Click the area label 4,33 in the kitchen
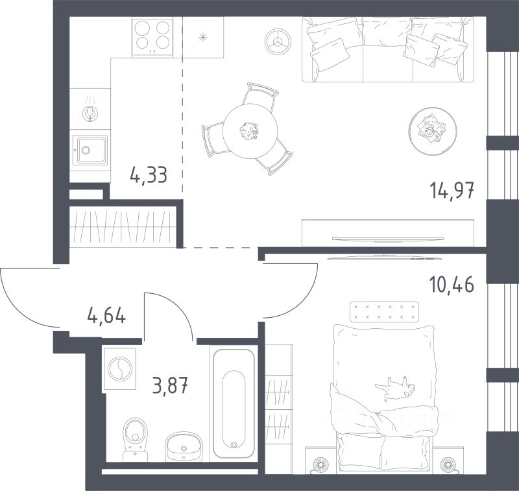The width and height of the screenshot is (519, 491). [x=149, y=175]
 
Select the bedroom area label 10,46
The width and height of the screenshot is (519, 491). [x=452, y=284]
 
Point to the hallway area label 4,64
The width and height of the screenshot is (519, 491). [x=106, y=315]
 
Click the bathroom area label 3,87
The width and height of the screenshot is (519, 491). [x=170, y=385]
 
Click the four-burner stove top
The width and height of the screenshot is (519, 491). [x=152, y=36]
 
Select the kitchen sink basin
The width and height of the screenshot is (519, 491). [x=90, y=150]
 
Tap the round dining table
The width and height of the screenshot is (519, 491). [x=250, y=130]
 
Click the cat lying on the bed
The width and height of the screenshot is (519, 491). [x=395, y=389]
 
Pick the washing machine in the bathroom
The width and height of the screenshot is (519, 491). [x=120, y=368]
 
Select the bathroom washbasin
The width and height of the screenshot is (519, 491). [x=184, y=446]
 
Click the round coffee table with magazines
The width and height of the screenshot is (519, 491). [x=433, y=132]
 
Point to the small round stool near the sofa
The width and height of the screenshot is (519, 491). [x=278, y=42]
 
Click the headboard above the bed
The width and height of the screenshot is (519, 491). [x=384, y=311]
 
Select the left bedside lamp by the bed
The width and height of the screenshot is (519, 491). [x=320, y=464]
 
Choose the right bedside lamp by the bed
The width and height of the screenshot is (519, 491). [x=448, y=464]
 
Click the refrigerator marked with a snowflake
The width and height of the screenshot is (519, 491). [x=203, y=38]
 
